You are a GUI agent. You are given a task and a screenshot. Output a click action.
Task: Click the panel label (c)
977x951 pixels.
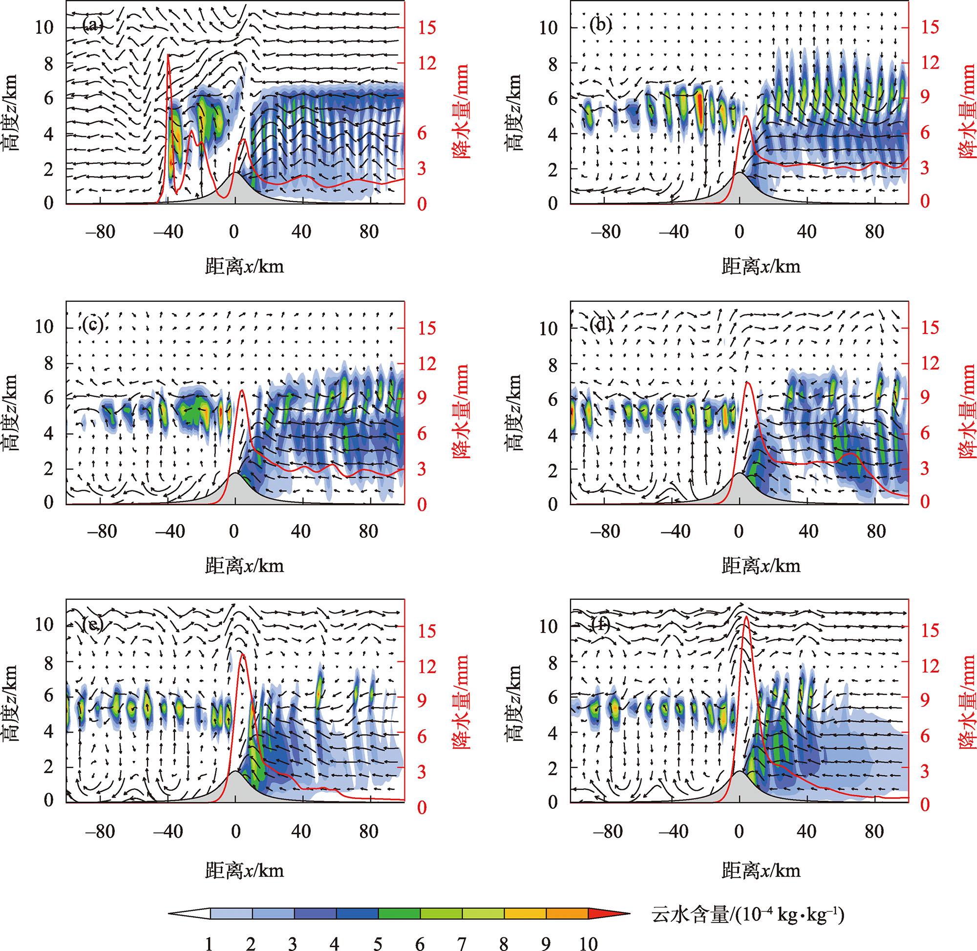pos(93,326)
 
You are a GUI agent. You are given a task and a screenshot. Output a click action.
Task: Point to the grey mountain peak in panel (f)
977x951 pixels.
pos(739,772)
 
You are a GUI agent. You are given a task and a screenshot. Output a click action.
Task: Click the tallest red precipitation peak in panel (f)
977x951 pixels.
pos(746,617)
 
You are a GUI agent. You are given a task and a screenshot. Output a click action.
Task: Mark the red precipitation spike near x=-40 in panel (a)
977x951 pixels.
pos(169,56)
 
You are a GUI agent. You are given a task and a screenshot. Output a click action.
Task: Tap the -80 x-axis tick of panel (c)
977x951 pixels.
pos(102,531)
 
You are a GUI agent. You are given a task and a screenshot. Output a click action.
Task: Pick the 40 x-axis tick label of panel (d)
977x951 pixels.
pos(807,531)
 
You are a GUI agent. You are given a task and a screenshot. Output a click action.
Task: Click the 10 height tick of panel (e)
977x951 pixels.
pos(44,624)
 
